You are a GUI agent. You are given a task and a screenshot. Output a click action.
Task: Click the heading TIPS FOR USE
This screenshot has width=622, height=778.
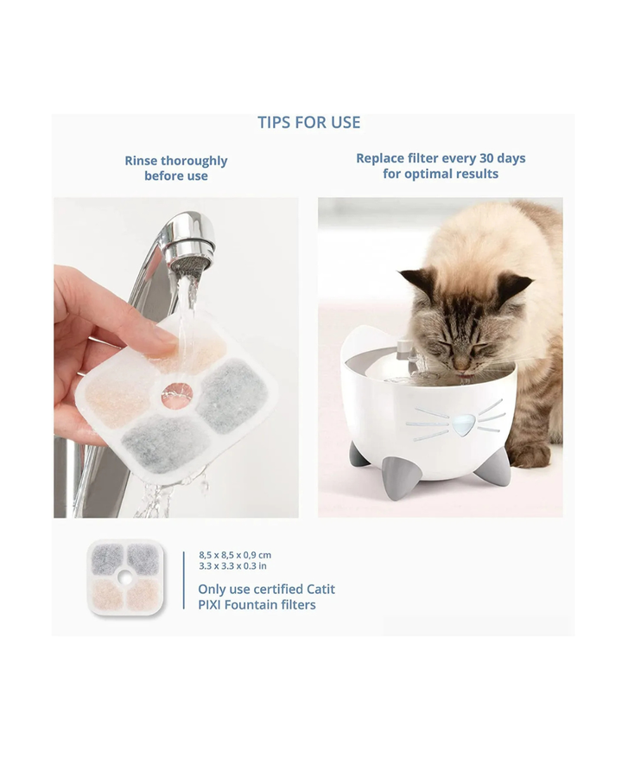coord(309,123)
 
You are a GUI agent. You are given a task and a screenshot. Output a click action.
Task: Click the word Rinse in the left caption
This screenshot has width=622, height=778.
coord(141,161)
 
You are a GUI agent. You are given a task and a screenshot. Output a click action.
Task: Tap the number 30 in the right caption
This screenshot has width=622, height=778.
coord(486,158)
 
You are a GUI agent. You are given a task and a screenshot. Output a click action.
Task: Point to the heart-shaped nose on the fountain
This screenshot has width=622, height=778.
coord(463,425)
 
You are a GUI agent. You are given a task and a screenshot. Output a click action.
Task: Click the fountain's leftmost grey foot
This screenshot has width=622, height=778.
coord(359,455)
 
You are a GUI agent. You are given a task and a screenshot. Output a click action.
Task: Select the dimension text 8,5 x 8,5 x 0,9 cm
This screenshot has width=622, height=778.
coord(235,555)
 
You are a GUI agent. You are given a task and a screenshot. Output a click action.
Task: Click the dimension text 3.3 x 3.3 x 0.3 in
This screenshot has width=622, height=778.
coord(232,565)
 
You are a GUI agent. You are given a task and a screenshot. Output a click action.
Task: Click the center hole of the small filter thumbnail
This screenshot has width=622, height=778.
coord(125,577)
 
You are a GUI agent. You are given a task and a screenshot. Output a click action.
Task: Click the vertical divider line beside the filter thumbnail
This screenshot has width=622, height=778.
coord(183,580)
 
